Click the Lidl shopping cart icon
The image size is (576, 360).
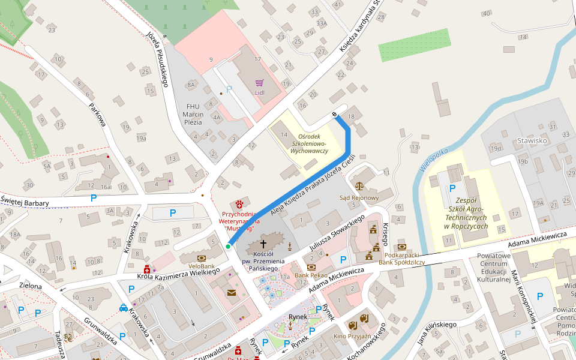point(259,83)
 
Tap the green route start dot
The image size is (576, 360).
point(228,246)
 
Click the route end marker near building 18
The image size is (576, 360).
point(334,115)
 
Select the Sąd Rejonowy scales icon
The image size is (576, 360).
point(359,188)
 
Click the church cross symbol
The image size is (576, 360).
point(263,244)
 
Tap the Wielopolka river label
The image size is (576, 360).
point(434,161)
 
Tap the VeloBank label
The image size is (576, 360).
point(202,265)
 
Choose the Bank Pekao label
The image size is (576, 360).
point(310,275)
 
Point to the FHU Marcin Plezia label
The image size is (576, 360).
point(193,114)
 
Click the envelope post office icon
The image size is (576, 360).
point(232,293)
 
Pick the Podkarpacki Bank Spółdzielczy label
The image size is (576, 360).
point(402,259)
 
